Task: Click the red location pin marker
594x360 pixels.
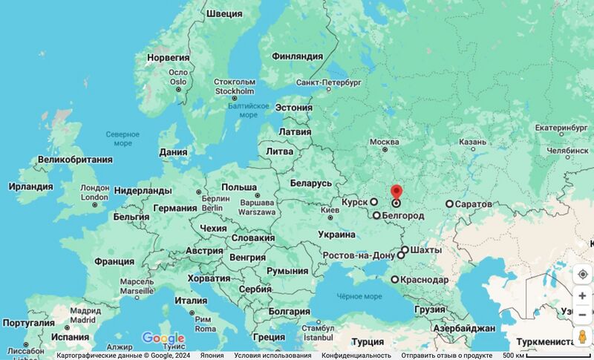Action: pos(396,193)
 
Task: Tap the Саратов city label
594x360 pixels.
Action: pos(473,203)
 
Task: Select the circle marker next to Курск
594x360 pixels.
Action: pos(374,201)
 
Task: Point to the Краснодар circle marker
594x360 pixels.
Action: pos(395,280)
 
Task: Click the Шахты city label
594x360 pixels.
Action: pos(425,250)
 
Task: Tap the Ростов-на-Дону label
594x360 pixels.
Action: pos(359,255)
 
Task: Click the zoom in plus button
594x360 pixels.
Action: pos(582,295)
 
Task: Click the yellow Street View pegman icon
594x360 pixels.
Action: pos(582,336)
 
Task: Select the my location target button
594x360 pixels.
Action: pos(582,274)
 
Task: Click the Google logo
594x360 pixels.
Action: pos(163,338)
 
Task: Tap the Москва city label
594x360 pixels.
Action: pos(385,142)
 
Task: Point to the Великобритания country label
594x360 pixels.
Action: pos(75,160)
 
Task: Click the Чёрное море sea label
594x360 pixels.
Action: pos(359,295)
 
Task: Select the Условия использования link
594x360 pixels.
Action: pos(272,356)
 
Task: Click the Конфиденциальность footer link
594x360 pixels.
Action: pos(356,356)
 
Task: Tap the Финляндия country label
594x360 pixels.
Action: pos(298,56)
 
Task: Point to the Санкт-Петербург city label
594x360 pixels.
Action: pos(328,82)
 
